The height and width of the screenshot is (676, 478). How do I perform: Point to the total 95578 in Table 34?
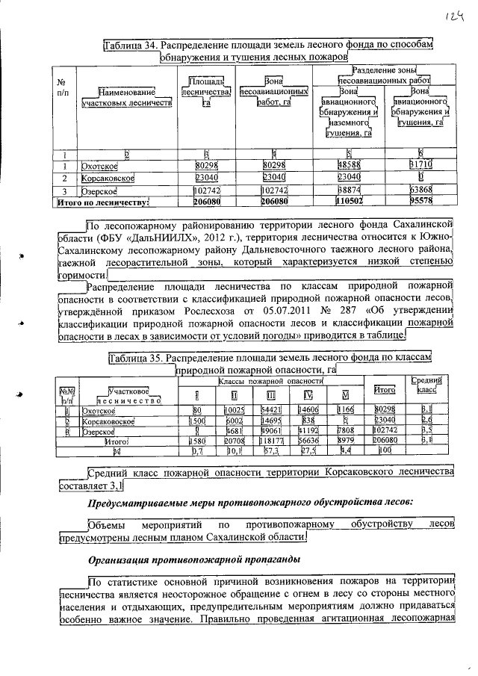pos(420,202)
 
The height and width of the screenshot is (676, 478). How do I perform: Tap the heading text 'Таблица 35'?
pos(135,358)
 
